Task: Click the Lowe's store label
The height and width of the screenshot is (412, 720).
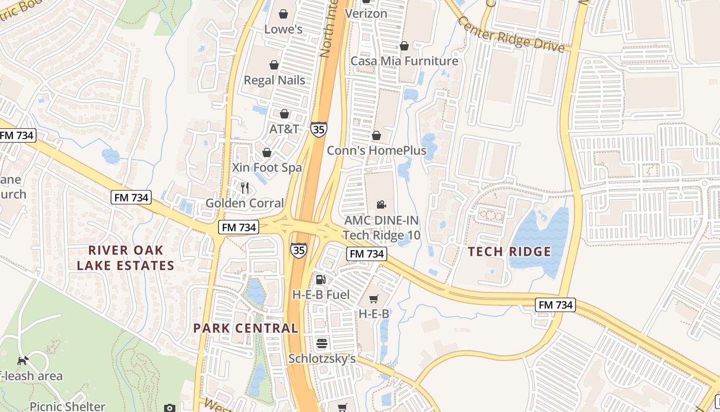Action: pos(283,29)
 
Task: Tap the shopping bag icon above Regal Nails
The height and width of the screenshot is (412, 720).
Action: pos(274,65)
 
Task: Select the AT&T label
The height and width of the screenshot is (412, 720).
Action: pos(284,129)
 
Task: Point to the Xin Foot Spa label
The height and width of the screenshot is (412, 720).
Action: pos(267,168)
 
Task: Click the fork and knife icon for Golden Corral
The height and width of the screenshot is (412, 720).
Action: pos(245,188)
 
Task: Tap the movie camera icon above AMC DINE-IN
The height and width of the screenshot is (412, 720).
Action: pos(381,205)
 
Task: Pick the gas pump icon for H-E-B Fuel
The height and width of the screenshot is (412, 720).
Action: pos(321,280)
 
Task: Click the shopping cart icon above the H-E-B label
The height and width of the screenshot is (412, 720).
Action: pos(374,299)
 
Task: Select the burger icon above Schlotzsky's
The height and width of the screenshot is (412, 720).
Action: pos(322,344)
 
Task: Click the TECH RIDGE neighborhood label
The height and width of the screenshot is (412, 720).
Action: pos(510,252)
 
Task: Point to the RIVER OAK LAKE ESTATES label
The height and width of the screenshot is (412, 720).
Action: pos(126,258)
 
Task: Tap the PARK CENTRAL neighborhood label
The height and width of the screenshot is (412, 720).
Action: pos(246,328)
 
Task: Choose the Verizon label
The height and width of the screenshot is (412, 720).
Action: pos(366,13)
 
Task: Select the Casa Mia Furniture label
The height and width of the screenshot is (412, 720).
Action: pos(404,61)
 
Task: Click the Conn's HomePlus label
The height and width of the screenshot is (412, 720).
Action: pos(377,150)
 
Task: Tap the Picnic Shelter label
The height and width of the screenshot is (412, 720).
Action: pos(67,406)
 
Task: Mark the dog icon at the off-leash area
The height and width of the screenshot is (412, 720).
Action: pos(23,360)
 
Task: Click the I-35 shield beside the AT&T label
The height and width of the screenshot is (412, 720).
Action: pos(319,129)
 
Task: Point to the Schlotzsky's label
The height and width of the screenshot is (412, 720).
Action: pos(322,358)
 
